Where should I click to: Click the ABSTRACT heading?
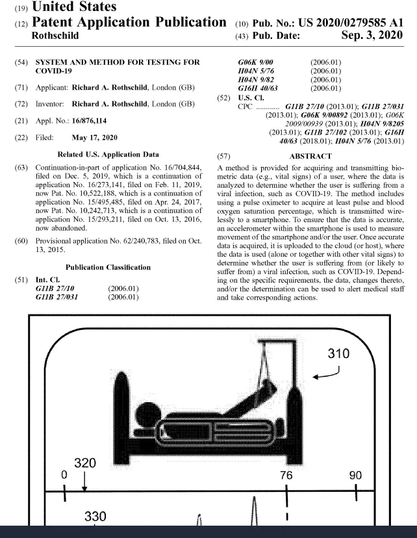pyautogui.click(x=310, y=157)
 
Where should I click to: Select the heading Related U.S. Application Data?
pyautogui.click(x=108, y=155)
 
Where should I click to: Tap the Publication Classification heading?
pyautogui.click(x=108, y=268)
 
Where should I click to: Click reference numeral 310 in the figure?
pyautogui.click(x=338, y=353)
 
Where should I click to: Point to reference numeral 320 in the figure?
pyautogui.click(x=85, y=463)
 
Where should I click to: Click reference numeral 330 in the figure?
pyautogui.click(x=95, y=517)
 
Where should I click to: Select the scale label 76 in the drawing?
pyautogui.click(x=286, y=475)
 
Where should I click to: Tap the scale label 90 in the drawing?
pyautogui.click(x=355, y=475)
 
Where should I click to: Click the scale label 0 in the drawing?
pyautogui.click(x=64, y=475)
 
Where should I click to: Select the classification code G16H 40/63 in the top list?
pyautogui.click(x=258, y=88)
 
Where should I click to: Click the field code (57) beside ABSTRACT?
pyautogui.click(x=223, y=157)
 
